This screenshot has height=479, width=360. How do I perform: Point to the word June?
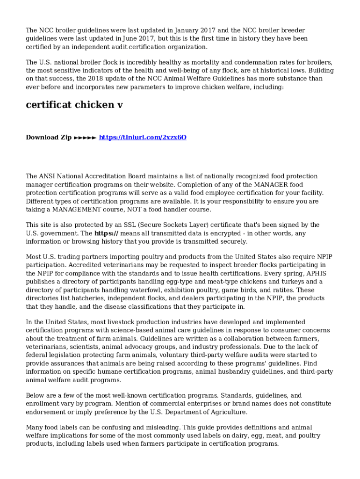124,39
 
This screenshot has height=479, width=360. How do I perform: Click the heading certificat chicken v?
74,105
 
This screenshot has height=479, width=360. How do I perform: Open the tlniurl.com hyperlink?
143,137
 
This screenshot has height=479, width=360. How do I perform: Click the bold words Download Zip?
49,137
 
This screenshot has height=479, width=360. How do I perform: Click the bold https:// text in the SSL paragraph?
106,233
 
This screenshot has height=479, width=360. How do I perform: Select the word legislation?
65,355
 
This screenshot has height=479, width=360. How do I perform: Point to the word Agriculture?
225,412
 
